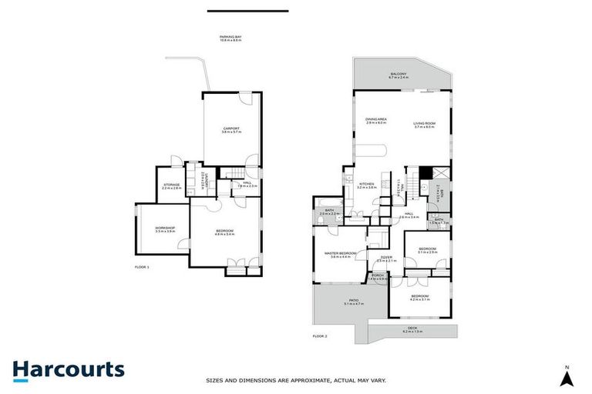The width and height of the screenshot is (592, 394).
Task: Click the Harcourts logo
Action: coord(68,370)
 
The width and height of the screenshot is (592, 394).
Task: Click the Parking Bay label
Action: coord(230,38)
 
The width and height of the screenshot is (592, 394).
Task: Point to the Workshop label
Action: coord(164,229)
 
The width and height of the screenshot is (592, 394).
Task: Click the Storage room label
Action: coord(171,185)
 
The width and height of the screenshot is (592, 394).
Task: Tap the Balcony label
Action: coord(401,75)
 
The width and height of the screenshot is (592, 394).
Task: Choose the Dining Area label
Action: coord(376,121)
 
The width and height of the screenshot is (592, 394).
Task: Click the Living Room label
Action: coord(425,125)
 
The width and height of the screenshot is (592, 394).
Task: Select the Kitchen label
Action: coord(367,185)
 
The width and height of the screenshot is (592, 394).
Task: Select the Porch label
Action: coord(378,276)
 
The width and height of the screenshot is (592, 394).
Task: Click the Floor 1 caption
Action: coord(141,266)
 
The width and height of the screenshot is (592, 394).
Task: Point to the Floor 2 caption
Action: coord(320,336)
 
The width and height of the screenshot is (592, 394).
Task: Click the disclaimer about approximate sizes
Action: coord(296,380)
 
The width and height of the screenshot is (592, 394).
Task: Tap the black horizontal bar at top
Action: coord(247,11)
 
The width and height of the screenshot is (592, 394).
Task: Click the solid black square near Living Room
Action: coord(423,172)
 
